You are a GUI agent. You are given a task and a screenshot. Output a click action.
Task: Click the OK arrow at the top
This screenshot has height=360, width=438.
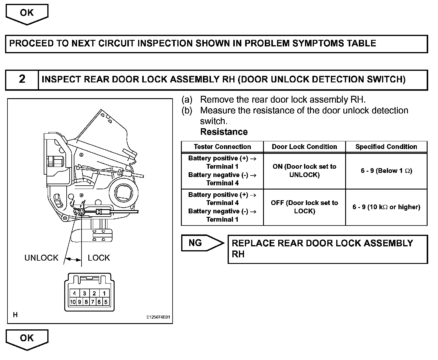27,14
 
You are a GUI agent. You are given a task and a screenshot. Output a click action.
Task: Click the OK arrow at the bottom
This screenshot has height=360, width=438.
27,339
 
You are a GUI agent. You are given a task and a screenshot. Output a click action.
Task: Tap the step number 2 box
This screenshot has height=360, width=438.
22,79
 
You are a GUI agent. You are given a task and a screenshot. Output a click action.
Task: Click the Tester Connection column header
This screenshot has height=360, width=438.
222,147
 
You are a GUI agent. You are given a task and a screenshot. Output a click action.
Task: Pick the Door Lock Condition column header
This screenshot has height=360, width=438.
304,147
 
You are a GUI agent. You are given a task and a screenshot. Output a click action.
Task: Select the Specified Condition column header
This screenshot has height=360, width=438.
386,147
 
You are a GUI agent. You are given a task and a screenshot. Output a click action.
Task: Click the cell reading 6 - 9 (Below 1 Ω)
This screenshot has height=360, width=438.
386,171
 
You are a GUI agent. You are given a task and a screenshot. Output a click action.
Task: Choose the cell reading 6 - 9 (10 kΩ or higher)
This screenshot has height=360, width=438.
386,207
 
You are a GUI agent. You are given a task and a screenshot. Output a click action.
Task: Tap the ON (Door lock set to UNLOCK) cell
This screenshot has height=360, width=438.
304,171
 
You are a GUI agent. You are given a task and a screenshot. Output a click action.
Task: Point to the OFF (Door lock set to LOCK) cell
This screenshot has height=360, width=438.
304,207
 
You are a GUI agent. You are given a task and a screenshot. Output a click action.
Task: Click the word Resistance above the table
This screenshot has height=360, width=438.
224,132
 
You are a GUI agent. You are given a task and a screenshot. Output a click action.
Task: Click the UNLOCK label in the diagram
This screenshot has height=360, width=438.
41,258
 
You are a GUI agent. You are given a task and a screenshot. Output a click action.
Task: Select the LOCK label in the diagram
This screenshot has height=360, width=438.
99,258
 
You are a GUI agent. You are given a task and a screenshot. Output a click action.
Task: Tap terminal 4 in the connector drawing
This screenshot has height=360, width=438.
75,293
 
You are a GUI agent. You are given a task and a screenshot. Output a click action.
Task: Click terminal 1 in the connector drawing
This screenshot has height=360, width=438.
104,293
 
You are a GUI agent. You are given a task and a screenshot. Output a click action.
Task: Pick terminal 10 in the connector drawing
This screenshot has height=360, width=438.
73,302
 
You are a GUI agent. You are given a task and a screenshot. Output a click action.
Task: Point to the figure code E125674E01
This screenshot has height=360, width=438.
158,317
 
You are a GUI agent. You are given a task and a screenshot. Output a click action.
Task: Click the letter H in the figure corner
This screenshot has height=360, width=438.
15,315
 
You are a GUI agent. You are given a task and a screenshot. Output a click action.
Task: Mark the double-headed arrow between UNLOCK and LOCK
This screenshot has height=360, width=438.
73,259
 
